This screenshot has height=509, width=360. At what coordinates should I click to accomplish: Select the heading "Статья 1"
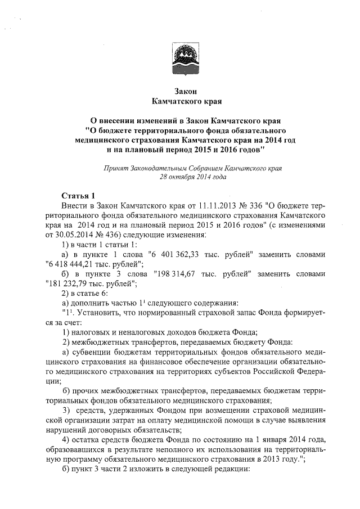[x=77, y=196]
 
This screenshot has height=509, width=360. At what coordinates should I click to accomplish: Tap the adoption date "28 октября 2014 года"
[x=193, y=176]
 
